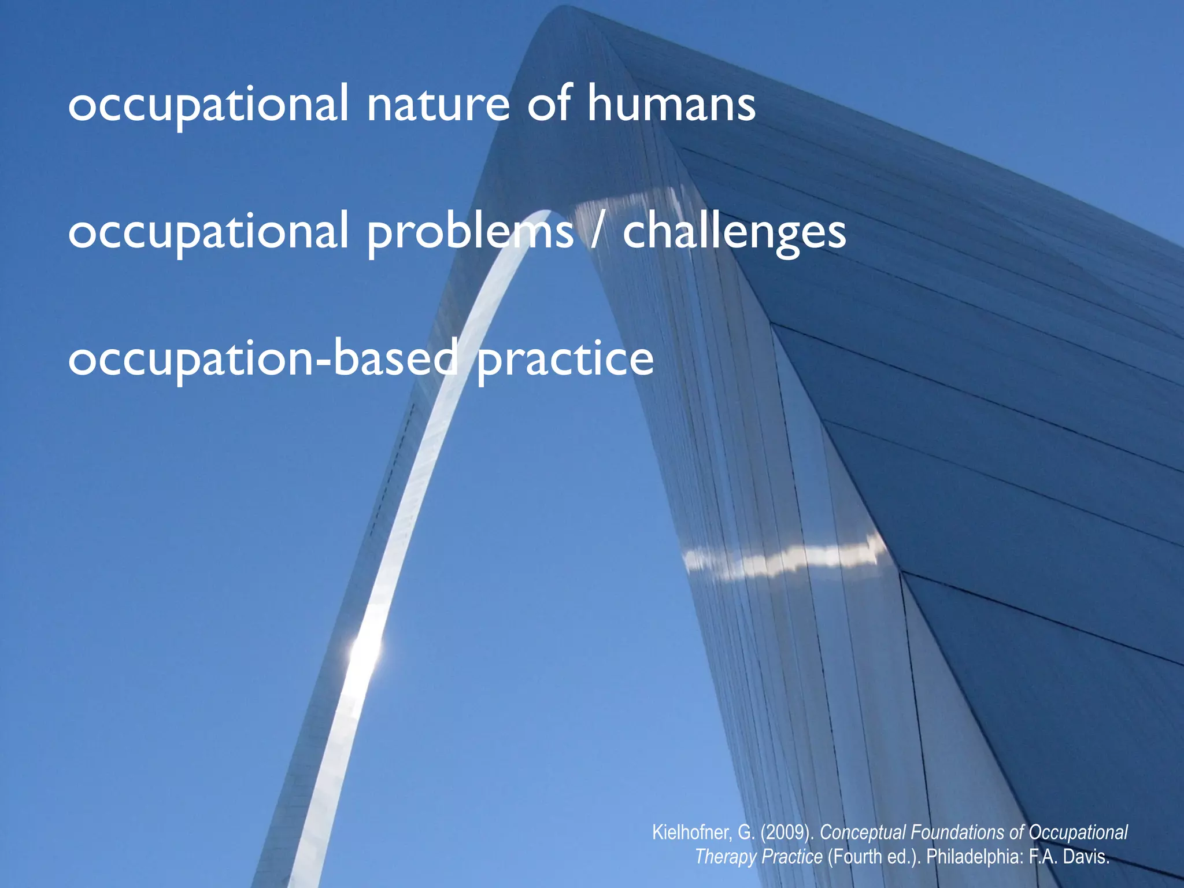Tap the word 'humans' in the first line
click(x=671, y=104)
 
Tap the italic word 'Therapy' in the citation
click(x=723, y=856)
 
